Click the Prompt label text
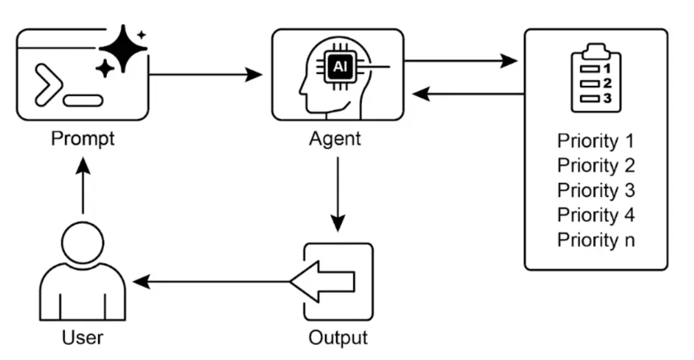click(x=83, y=139)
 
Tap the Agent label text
click(x=335, y=139)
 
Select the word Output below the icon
click(x=338, y=338)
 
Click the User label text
click(x=83, y=338)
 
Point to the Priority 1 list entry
click(x=596, y=141)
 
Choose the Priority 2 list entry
click(x=596, y=166)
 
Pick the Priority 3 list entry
click(x=596, y=191)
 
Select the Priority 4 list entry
click(x=596, y=215)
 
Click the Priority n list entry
click(x=596, y=240)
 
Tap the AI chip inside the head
click(x=340, y=67)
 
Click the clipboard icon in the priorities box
click(x=596, y=78)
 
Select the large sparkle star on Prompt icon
click(x=123, y=48)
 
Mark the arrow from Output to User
click(x=212, y=282)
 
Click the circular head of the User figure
click(x=83, y=243)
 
